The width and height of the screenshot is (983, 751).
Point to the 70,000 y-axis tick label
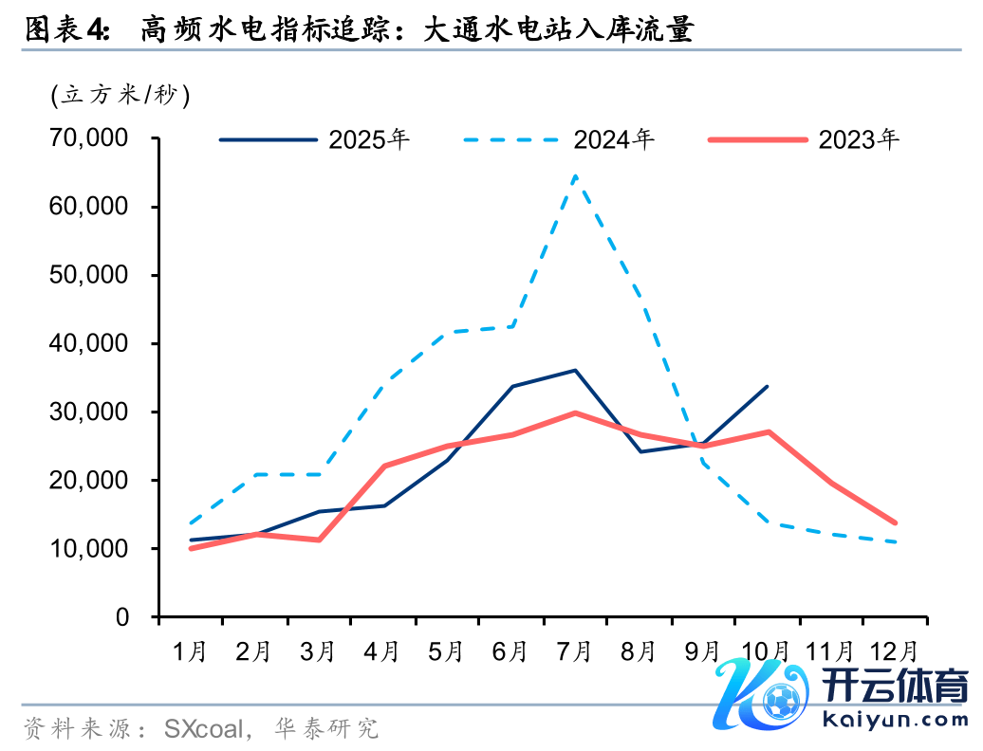88,138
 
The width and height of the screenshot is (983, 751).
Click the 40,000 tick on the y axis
88,343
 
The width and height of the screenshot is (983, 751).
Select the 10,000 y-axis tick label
88,549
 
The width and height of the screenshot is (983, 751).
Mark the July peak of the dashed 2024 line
575,175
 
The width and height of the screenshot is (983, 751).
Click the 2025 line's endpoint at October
767,386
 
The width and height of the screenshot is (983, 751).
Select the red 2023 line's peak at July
575,412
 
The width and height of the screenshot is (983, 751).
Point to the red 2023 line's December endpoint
895,522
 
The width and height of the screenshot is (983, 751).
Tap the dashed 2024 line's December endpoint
895,542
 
